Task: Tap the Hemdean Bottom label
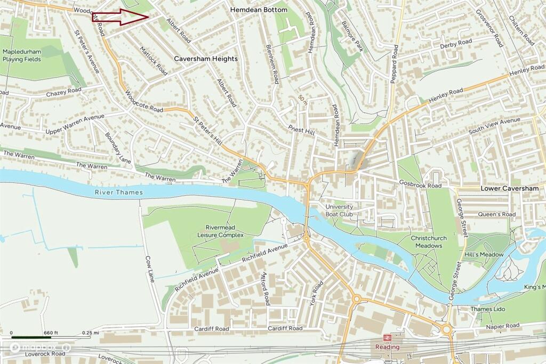click(x=259, y=10)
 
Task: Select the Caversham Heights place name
click(x=206, y=59)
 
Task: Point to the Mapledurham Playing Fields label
click(x=21, y=55)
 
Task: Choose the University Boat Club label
click(x=339, y=211)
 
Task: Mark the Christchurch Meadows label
click(x=427, y=242)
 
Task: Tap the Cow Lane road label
click(x=149, y=269)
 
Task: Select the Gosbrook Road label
click(x=420, y=185)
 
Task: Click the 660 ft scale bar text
click(x=51, y=333)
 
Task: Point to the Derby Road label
click(x=456, y=43)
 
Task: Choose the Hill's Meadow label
click(x=484, y=255)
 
